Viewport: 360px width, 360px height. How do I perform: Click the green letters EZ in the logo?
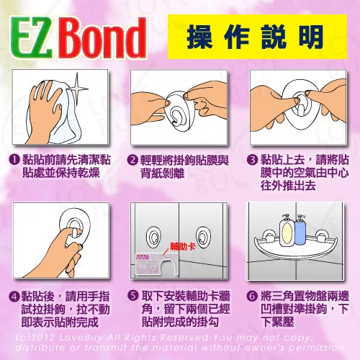pos(32,38)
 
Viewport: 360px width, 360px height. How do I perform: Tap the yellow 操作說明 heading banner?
pos(257,37)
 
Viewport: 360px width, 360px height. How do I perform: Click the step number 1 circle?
pos(15,159)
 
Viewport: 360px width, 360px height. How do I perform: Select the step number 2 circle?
pos(132,160)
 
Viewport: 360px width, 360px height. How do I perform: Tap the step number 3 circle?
pos(252,160)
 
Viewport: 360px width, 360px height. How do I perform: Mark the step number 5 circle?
pos(133,296)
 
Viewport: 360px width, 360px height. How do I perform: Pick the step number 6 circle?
pos(252,296)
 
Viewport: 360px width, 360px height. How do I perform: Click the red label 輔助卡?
pos(183,246)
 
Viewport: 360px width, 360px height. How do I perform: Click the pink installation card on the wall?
pos(157,264)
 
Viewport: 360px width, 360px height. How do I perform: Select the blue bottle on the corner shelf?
pos(300,230)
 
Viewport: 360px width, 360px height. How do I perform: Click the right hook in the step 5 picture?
pos(202,237)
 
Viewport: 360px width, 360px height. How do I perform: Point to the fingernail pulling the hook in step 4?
pos(75,233)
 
